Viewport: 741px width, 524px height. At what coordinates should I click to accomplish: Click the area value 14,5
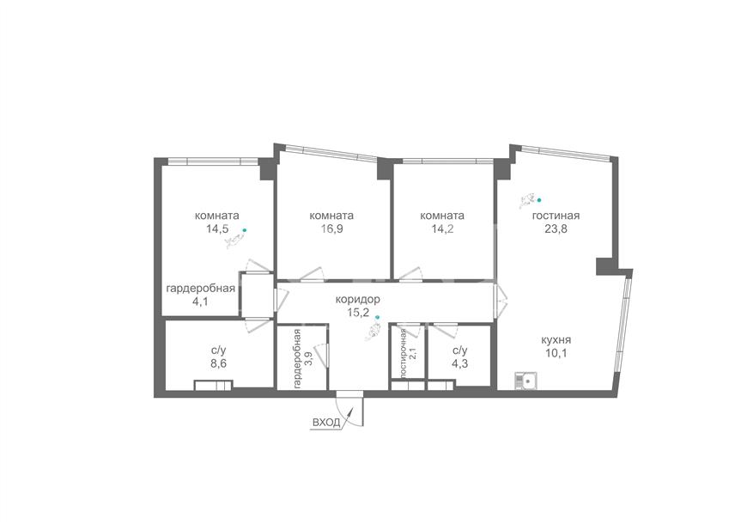click(217, 229)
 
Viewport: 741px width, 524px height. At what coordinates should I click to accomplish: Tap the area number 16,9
click(331, 229)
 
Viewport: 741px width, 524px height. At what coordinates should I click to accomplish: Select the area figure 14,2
click(442, 229)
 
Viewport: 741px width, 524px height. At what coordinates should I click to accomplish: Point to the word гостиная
click(556, 216)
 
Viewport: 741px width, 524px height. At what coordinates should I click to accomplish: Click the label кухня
click(556, 339)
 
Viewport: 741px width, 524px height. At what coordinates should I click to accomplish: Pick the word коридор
click(357, 299)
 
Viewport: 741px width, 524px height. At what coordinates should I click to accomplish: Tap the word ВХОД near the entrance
click(326, 423)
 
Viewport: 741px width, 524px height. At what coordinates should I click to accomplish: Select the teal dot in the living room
click(538, 200)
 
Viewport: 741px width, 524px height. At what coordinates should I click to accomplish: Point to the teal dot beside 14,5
click(245, 230)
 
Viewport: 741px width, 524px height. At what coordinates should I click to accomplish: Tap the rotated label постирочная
click(403, 352)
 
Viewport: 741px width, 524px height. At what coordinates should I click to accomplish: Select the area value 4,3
click(459, 363)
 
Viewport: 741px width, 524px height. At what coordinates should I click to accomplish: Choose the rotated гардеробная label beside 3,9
click(297, 359)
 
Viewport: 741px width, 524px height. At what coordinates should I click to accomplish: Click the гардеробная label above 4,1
click(200, 289)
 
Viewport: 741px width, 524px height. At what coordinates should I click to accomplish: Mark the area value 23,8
click(556, 229)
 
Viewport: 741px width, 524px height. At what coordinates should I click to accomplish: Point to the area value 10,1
click(556, 353)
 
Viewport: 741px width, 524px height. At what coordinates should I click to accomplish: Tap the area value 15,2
click(358, 313)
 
